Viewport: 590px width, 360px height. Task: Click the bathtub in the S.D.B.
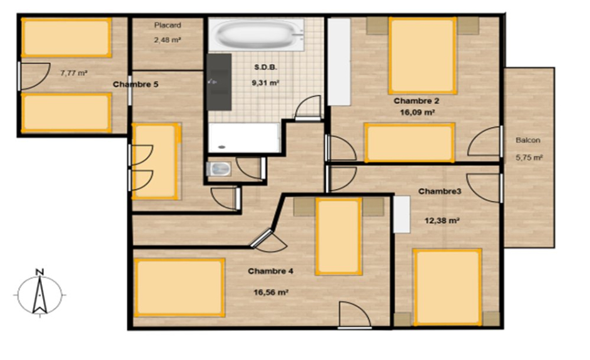point(257,34)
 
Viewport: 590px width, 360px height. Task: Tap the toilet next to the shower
point(218,169)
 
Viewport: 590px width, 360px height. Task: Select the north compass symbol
point(39,292)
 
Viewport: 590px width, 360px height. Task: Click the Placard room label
point(168,25)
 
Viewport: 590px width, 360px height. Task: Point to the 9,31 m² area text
point(265,83)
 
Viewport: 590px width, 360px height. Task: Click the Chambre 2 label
point(417,101)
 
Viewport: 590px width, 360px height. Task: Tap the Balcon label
point(528,140)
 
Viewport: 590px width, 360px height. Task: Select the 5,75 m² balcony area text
point(529,157)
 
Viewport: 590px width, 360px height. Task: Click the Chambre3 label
point(440,192)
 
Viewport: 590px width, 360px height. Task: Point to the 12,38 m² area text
point(442,220)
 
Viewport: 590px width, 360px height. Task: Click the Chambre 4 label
point(270,271)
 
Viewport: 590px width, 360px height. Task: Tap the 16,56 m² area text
point(271,292)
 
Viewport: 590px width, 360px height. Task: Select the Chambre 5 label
point(136,85)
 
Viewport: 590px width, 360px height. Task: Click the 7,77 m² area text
point(74,73)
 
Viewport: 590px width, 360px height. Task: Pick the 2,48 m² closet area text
point(168,39)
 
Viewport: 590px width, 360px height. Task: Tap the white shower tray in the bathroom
point(244,138)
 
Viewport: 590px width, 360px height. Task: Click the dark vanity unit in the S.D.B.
point(219,82)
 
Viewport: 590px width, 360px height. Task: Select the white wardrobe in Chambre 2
point(339,62)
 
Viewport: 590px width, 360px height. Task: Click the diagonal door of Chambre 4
point(262,239)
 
